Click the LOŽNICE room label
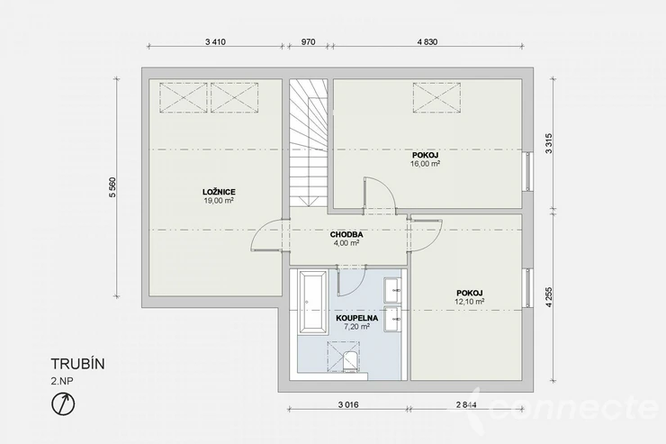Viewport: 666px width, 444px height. tap(219, 192)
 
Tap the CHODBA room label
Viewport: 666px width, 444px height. tap(346, 234)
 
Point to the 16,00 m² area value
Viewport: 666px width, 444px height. tap(425, 163)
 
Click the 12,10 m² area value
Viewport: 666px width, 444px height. tap(469, 301)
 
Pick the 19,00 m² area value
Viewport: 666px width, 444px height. tap(219, 201)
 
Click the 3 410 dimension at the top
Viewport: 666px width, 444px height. tap(215, 41)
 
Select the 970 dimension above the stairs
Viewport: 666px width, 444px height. tap(309, 41)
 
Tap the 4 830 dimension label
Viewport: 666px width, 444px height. tap(427, 41)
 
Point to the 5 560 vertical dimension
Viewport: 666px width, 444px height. tap(112, 187)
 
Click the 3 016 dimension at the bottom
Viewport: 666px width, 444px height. tap(348, 405)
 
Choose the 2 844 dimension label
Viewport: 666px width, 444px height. tap(466, 405)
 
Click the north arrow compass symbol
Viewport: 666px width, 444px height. tap(63, 403)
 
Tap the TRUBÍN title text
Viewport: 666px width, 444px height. tap(77, 364)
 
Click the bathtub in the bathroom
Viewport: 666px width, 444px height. tap(314, 302)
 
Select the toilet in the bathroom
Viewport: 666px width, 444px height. tap(350, 362)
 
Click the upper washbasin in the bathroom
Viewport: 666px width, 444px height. tap(393, 290)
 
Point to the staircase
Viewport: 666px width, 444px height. tap(309, 143)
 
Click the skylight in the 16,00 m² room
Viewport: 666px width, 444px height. tap(436, 98)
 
